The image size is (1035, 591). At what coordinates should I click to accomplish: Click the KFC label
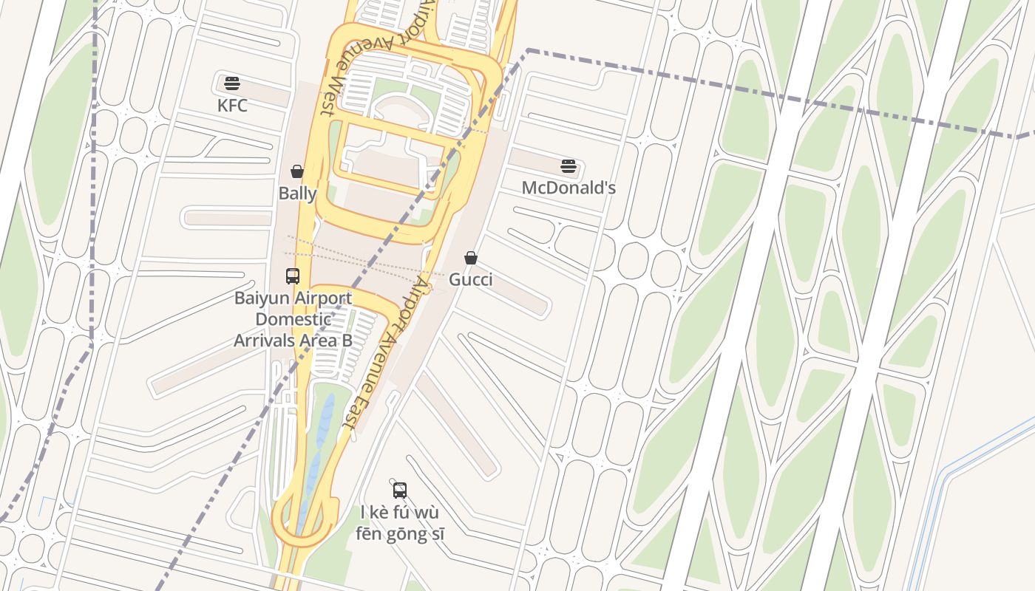point(232,106)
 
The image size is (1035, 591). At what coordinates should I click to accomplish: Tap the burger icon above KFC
point(232,83)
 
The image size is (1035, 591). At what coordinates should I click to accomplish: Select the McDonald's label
point(569,188)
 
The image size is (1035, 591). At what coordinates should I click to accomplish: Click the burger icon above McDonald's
point(568,166)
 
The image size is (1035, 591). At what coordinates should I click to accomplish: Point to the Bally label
point(297,194)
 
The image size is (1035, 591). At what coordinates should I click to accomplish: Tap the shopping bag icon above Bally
point(297,172)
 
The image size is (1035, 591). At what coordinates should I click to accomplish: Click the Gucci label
point(470,280)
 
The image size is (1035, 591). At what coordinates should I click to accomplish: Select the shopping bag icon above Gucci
point(470,258)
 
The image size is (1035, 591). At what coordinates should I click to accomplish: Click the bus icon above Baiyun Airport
point(293,276)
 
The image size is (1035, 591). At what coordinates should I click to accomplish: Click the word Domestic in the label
point(293,320)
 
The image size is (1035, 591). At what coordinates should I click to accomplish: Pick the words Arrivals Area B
point(293,341)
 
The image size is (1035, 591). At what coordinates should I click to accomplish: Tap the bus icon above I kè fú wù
point(400,490)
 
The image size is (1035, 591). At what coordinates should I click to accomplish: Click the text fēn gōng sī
point(400,533)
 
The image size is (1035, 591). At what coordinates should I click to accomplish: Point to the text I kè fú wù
point(400,512)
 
